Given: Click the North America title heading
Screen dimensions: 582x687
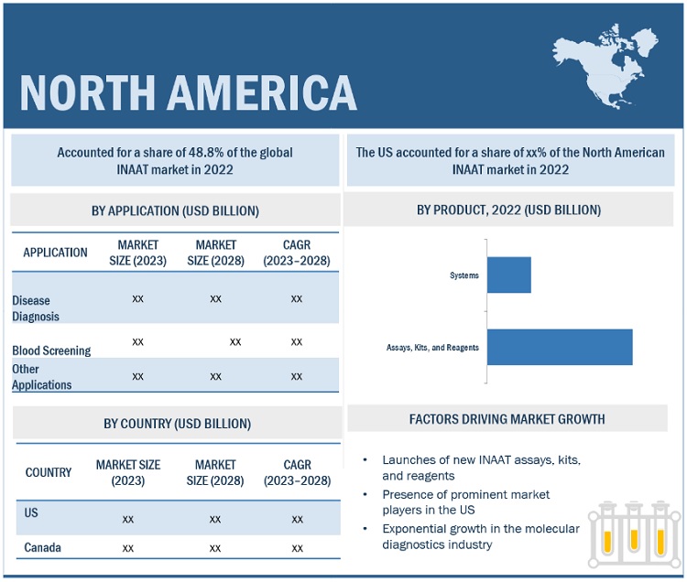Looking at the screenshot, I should pos(188,92).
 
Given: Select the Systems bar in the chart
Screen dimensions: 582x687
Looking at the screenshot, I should pos(508,275).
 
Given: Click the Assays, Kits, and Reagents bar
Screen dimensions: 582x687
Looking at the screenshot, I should pos(559,348).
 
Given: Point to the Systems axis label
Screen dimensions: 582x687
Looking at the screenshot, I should pos(463,275).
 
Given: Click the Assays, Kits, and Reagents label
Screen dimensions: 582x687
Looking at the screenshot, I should pos(432,349).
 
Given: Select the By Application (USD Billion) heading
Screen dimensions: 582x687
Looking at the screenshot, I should pos(175,210).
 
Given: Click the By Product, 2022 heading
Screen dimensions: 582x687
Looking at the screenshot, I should pos(508,210).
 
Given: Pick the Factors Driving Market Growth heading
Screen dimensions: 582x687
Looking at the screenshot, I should pos(507,419).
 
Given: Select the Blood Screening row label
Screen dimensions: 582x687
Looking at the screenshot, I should pos(51,350).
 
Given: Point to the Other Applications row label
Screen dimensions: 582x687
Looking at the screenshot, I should pos(42,377).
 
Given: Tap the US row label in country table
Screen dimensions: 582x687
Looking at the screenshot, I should pos(32,513).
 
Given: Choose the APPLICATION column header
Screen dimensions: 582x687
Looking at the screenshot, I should pos(55,253).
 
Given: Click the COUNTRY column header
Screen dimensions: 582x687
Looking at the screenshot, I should pos(49,472).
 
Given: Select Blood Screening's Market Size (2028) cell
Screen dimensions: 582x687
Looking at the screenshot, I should pos(235,341).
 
